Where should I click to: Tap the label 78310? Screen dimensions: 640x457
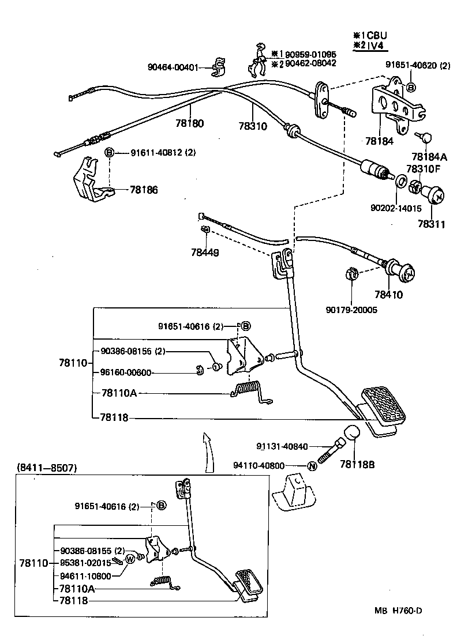pyautogui.click(x=253, y=126)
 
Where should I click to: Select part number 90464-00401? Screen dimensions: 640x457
pyautogui.click(x=173, y=67)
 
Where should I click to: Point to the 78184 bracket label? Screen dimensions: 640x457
pyautogui.click(x=379, y=141)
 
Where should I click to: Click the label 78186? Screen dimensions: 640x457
pyautogui.click(x=144, y=190)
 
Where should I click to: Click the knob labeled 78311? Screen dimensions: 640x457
pyautogui.click(x=433, y=198)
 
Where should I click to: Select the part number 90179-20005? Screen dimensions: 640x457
pyautogui.click(x=350, y=310)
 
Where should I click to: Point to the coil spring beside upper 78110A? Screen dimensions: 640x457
pyautogui.click(x=248, y=390)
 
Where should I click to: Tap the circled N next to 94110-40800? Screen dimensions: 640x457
pyautogui.click(x=311, y=466)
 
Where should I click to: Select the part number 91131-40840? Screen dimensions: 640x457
pyautogui.click(x=282, y=446)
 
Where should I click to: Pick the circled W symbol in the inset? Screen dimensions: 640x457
pyautogui.click(x=130, y=558)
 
